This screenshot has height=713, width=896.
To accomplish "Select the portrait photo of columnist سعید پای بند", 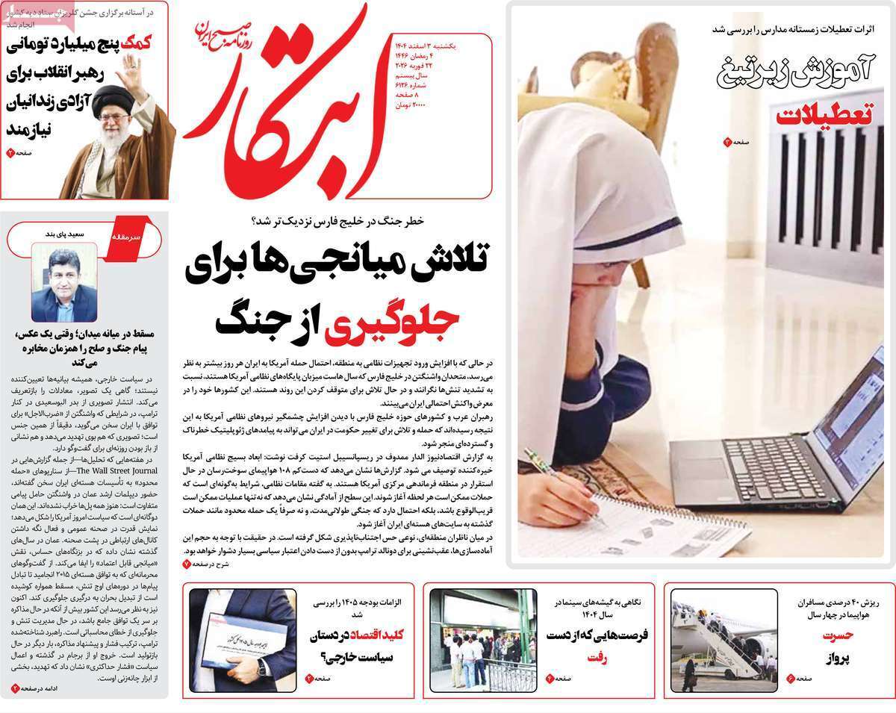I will coord(63,285).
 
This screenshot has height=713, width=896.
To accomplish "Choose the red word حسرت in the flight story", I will coord(838,636).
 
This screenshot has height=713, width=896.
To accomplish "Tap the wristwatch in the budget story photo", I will coord(262,667).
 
